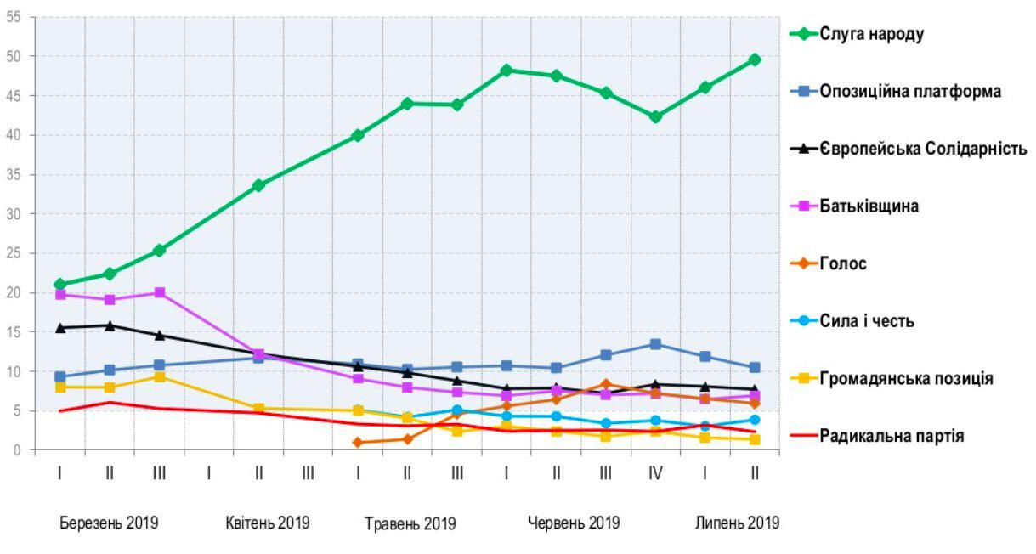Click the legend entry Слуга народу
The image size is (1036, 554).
[870, 34]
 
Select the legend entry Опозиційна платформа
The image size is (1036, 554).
[910, 91]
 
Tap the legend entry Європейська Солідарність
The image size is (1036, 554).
[923, 149]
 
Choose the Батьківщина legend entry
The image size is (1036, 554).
[869, 206]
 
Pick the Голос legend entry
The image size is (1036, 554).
[843, 263]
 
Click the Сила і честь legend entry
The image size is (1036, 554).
[866, 321]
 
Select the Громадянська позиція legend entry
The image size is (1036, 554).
[906, 378]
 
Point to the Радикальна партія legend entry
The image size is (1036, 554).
[892, 436]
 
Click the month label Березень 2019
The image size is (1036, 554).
[108, 523]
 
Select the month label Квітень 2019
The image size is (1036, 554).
[268, 523]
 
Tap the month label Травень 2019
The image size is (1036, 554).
[410, 523]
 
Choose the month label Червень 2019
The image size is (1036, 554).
[574, 523]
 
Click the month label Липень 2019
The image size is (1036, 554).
[737, 523]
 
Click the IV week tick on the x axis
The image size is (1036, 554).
[655, 473]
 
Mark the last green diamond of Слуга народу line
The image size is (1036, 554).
[755, 59]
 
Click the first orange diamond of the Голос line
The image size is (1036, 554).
[358, 443]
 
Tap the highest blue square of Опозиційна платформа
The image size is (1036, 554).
[655, 344]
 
